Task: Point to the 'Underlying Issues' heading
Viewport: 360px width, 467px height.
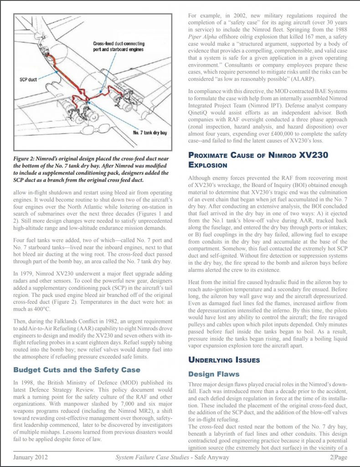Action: click(224, 360)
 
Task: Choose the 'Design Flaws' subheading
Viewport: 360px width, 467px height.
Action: click(214, 374)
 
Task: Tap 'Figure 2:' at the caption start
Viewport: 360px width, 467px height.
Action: click(27, 157)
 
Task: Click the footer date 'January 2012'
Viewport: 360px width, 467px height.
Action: click(31, 457)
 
